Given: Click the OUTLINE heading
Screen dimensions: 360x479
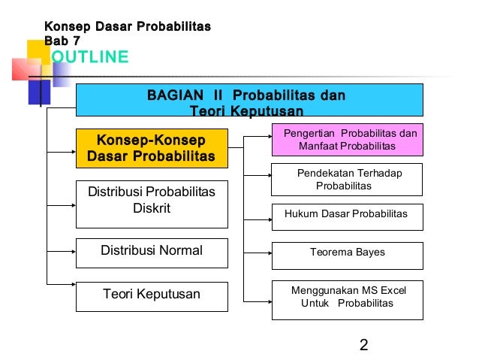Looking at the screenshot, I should [x=89, y=58].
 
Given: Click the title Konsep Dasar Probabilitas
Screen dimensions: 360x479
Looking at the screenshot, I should [x=128, y=27].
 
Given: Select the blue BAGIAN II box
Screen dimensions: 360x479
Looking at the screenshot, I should [x=249, y=100].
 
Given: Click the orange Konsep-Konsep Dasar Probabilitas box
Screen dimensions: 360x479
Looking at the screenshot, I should [x=151, y=148].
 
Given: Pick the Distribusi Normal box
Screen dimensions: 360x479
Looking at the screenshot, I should [x=151, y=251].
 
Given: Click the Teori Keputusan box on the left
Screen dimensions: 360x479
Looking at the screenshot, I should [x=151, y=295].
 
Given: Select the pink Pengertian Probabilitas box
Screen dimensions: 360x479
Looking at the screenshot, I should [x=346, y=139].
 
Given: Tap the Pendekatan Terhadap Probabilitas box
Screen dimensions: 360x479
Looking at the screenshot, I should [x=346, y=179].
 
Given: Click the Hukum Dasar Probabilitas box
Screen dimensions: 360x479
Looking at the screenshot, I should [x=346, y=215].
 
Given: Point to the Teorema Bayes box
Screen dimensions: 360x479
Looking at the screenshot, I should [x=346, y=254].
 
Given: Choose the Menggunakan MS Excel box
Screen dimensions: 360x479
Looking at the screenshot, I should [x=346, y=297].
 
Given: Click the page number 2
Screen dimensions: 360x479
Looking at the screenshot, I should [x=363, y=345].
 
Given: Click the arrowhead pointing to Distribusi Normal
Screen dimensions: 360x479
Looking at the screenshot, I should [x=73, y=251].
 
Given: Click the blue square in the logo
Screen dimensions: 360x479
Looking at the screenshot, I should [x=39, y=92].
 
